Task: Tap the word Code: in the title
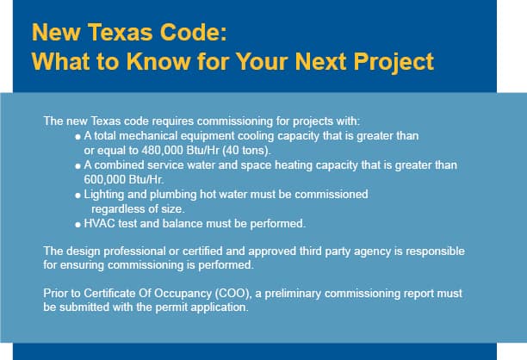(x=194, y=32)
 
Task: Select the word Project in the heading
(x=394, y=63)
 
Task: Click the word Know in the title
(x=157, y=61)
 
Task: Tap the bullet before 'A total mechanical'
(x=78, y=137)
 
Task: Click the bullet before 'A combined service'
(x=78, y=166)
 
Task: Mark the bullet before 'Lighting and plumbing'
(x=78, y=196)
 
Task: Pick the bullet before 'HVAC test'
(x=78, y=225)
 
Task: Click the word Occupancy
(x=177, y=294)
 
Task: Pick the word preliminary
(x=293, y=294)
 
